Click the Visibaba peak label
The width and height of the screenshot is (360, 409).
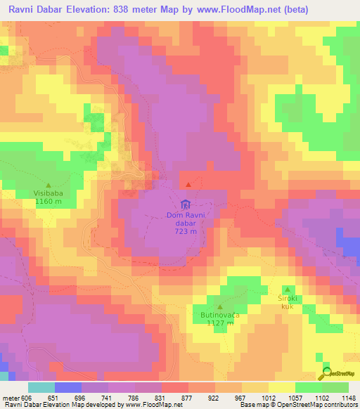point(48,191)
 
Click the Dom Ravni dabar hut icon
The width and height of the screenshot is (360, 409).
point(185,204)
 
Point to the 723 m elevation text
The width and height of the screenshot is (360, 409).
point(185,231)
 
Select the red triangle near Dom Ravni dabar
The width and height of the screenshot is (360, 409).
point(187,184)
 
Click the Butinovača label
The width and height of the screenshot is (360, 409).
point(220,316)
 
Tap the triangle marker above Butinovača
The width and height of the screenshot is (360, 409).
point(220,307)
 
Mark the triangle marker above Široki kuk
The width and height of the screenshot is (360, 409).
point(287,289)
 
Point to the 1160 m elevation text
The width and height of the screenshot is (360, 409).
point(48,201)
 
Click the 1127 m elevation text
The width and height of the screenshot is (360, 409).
point(220,325)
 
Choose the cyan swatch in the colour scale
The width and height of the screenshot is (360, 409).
point(41,387)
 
